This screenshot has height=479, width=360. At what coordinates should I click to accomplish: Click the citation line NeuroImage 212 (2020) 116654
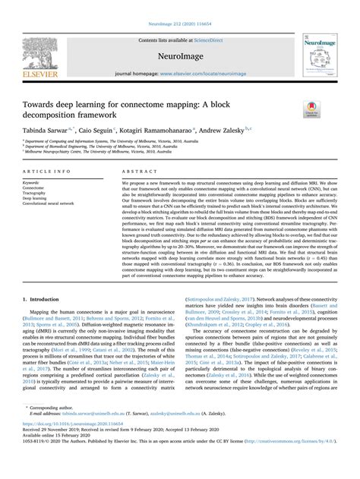pos(179,5)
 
